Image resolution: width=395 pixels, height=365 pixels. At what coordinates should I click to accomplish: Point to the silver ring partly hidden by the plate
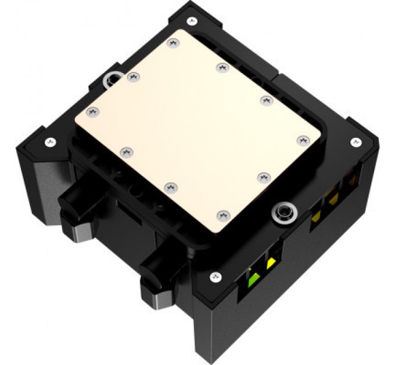tap(110, 80)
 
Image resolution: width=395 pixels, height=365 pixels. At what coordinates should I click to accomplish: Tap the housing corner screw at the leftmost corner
tap(51, 140)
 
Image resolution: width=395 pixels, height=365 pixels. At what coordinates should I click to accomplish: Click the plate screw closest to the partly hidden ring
tap(134, 76)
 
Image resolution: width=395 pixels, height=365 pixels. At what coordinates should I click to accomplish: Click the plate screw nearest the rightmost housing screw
tap(301, 140)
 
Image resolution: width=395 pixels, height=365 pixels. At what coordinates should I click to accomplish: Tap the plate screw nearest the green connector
tap(221, 215)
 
